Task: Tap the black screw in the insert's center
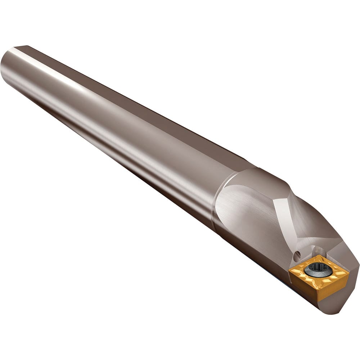coord(318,269)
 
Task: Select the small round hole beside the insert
coord(297,256)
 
